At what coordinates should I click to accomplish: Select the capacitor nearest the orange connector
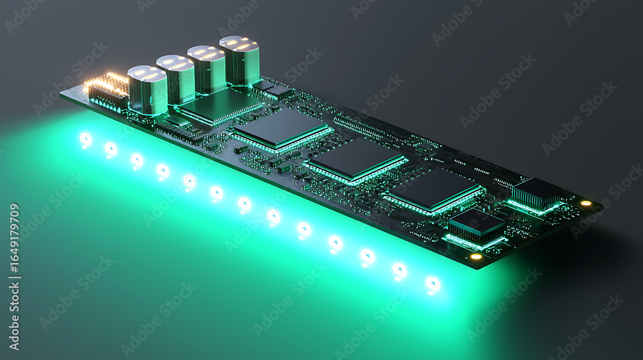click(x=147, y=90)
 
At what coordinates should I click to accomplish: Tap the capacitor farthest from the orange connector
click(x=239, y=60)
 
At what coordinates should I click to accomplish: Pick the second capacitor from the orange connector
click(x=176, y=80)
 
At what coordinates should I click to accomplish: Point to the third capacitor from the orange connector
click(x=206, y=69)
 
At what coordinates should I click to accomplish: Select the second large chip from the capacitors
click(x=283, y=130)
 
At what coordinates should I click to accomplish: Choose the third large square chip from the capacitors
click(x=357, y=161)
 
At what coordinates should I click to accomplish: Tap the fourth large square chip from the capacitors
click(x=434, y=192)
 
